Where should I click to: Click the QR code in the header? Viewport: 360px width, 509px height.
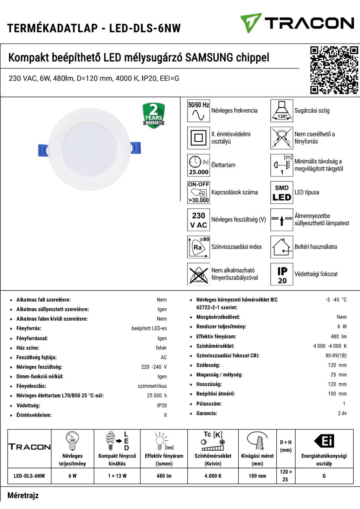334,70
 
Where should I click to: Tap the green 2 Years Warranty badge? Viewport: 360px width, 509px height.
154,115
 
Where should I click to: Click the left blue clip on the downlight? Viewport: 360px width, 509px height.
43,150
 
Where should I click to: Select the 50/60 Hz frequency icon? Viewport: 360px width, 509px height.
198,111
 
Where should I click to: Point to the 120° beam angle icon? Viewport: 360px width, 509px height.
282,111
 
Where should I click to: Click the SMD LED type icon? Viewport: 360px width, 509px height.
282,193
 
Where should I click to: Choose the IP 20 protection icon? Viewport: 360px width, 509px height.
282,274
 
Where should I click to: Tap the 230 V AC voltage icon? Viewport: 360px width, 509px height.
198,220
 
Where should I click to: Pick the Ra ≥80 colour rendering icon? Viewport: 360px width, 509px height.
198,247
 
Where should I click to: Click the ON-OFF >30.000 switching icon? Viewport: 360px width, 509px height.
198,193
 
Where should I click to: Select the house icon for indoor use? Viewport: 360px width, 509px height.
282,247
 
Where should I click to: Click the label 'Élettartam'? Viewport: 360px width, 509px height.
223,165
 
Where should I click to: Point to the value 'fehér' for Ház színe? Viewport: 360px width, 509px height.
161,348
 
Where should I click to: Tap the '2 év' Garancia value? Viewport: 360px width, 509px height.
342,413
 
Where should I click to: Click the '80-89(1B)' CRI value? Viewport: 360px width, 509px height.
336,356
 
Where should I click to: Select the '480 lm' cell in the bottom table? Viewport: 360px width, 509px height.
164,476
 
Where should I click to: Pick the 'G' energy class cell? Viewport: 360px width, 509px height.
324,476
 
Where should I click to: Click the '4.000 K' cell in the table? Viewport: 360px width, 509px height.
213,476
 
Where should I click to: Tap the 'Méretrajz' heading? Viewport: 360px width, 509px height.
23,496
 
